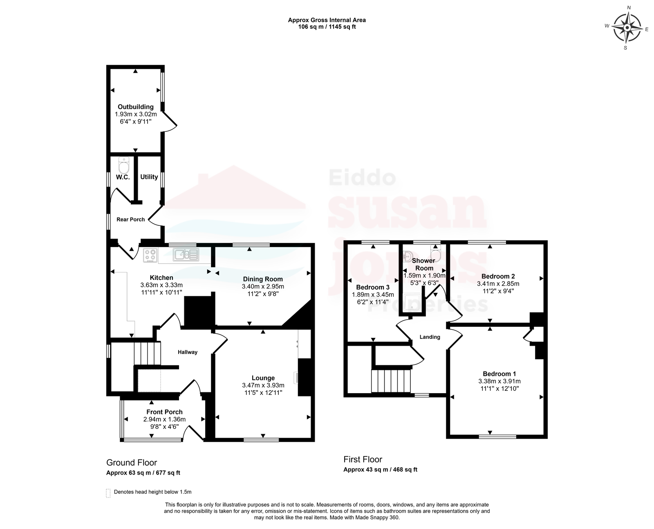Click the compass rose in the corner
point(627,28)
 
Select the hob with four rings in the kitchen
point(150,255)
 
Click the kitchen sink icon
point(186,254)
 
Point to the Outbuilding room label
point(136,107)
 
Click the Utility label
point(149,177)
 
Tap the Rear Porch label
point(130,219)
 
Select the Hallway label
point(188,352)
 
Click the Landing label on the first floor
point(430,337)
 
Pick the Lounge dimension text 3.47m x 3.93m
point(263,385)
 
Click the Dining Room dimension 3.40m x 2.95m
point(263,286)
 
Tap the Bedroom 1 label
point(499,374)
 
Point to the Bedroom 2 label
point(498,276)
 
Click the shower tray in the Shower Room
point(412,303)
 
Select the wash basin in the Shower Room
point(408,256)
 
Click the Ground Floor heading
point(132,463)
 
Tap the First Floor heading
point(363,459)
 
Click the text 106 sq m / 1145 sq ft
point(327,27)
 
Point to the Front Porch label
point(164,412)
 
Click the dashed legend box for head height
point(108,493)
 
